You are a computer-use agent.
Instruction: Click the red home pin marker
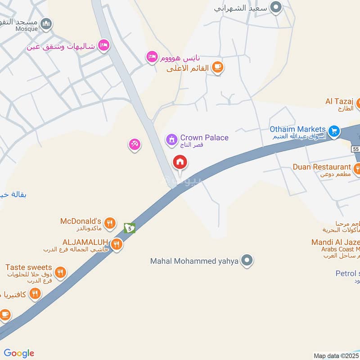(180, 162)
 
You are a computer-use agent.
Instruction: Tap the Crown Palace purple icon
(171, 139)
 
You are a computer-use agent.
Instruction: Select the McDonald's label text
(81, 221)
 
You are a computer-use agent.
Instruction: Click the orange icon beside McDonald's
(109, 223)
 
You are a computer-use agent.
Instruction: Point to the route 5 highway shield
(130, 228)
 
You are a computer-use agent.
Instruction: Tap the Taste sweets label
(29, 268)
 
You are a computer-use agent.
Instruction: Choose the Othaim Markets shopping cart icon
(333, 131)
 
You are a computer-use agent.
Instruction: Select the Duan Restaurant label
(322, 167)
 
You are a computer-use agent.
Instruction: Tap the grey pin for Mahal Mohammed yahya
(247, 260)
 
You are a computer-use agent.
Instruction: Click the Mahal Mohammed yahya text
(194, 261)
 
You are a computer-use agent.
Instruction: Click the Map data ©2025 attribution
(336, 355)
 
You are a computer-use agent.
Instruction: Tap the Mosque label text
(27, 28)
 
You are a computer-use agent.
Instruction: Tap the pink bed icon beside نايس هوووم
(152, 57)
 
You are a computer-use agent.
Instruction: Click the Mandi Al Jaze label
(335, 243)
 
